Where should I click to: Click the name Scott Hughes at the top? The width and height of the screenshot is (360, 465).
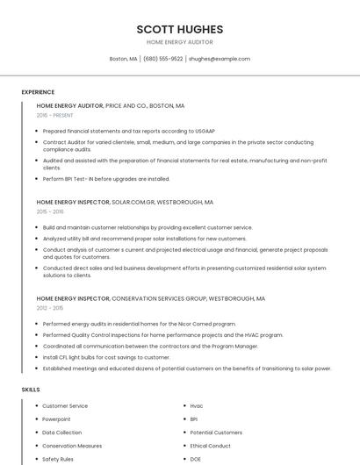tap(180, 29)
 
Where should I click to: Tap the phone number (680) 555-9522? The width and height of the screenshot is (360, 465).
tap(162, 59)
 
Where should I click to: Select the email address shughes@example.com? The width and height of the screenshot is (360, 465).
tap(220, 59)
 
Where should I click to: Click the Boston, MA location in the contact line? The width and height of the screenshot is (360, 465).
tap(123, 59)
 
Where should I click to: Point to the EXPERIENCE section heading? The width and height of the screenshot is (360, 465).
tap(38, 92)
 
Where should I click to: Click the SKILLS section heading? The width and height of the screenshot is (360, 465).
tap(31, 389)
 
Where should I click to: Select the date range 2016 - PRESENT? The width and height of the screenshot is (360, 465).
tap(54, 115)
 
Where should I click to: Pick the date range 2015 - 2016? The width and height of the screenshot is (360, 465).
tap(50, 211)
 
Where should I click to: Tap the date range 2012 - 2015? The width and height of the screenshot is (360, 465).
tap(50, 308)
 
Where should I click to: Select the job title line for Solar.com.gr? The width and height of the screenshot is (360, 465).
tap(125, 202)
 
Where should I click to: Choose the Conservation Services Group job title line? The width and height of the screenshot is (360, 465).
tap(151, 298)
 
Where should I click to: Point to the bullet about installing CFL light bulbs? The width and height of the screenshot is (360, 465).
tap(106, 357)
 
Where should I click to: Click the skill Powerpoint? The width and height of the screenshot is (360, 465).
tap(58, 419)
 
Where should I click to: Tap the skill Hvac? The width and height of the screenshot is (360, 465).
tap(196, 406)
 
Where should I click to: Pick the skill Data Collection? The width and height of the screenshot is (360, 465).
tap(61, 433)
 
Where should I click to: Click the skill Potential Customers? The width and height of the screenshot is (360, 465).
tap(216, 433)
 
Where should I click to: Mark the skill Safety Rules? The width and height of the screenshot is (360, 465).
tap(58, 459)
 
